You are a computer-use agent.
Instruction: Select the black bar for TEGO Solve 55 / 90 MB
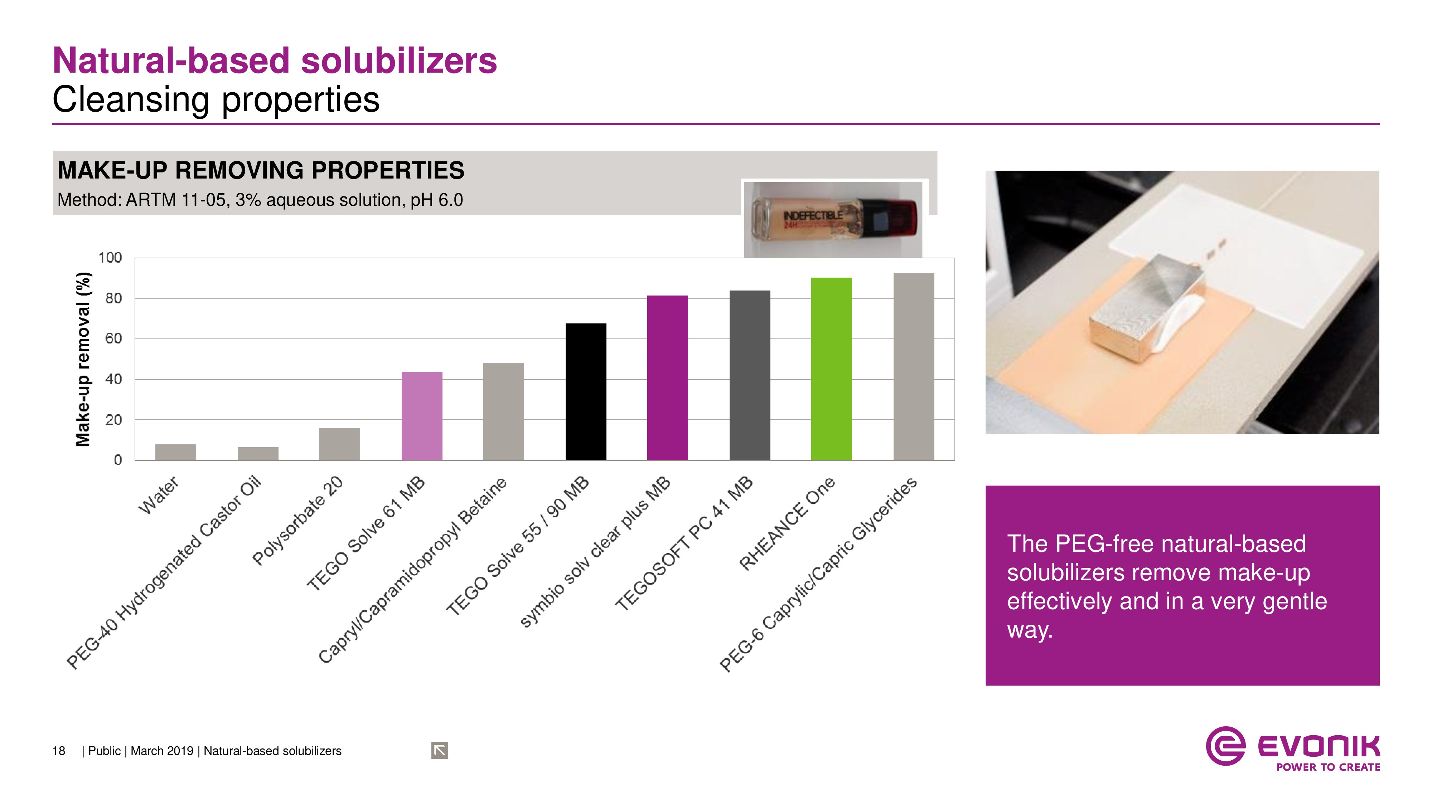click(585, 392)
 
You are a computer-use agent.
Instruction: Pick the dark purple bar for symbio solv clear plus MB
click(667, 378)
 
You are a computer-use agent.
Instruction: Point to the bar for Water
click(176, 452)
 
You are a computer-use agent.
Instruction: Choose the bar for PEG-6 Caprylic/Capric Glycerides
click(913, 367)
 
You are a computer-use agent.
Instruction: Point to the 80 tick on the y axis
click(113, 299)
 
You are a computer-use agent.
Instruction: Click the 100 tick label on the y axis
click(110, 258)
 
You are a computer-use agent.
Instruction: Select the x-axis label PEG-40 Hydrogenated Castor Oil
click(164, 572)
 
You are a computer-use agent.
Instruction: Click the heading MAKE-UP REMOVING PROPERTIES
click(261, 171)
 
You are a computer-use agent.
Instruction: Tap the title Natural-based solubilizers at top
click(275, 60)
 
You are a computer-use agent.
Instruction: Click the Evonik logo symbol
click(1225, 746)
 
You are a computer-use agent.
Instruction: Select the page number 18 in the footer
click(58, 751)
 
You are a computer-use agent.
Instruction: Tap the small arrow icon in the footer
click(439, 751)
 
